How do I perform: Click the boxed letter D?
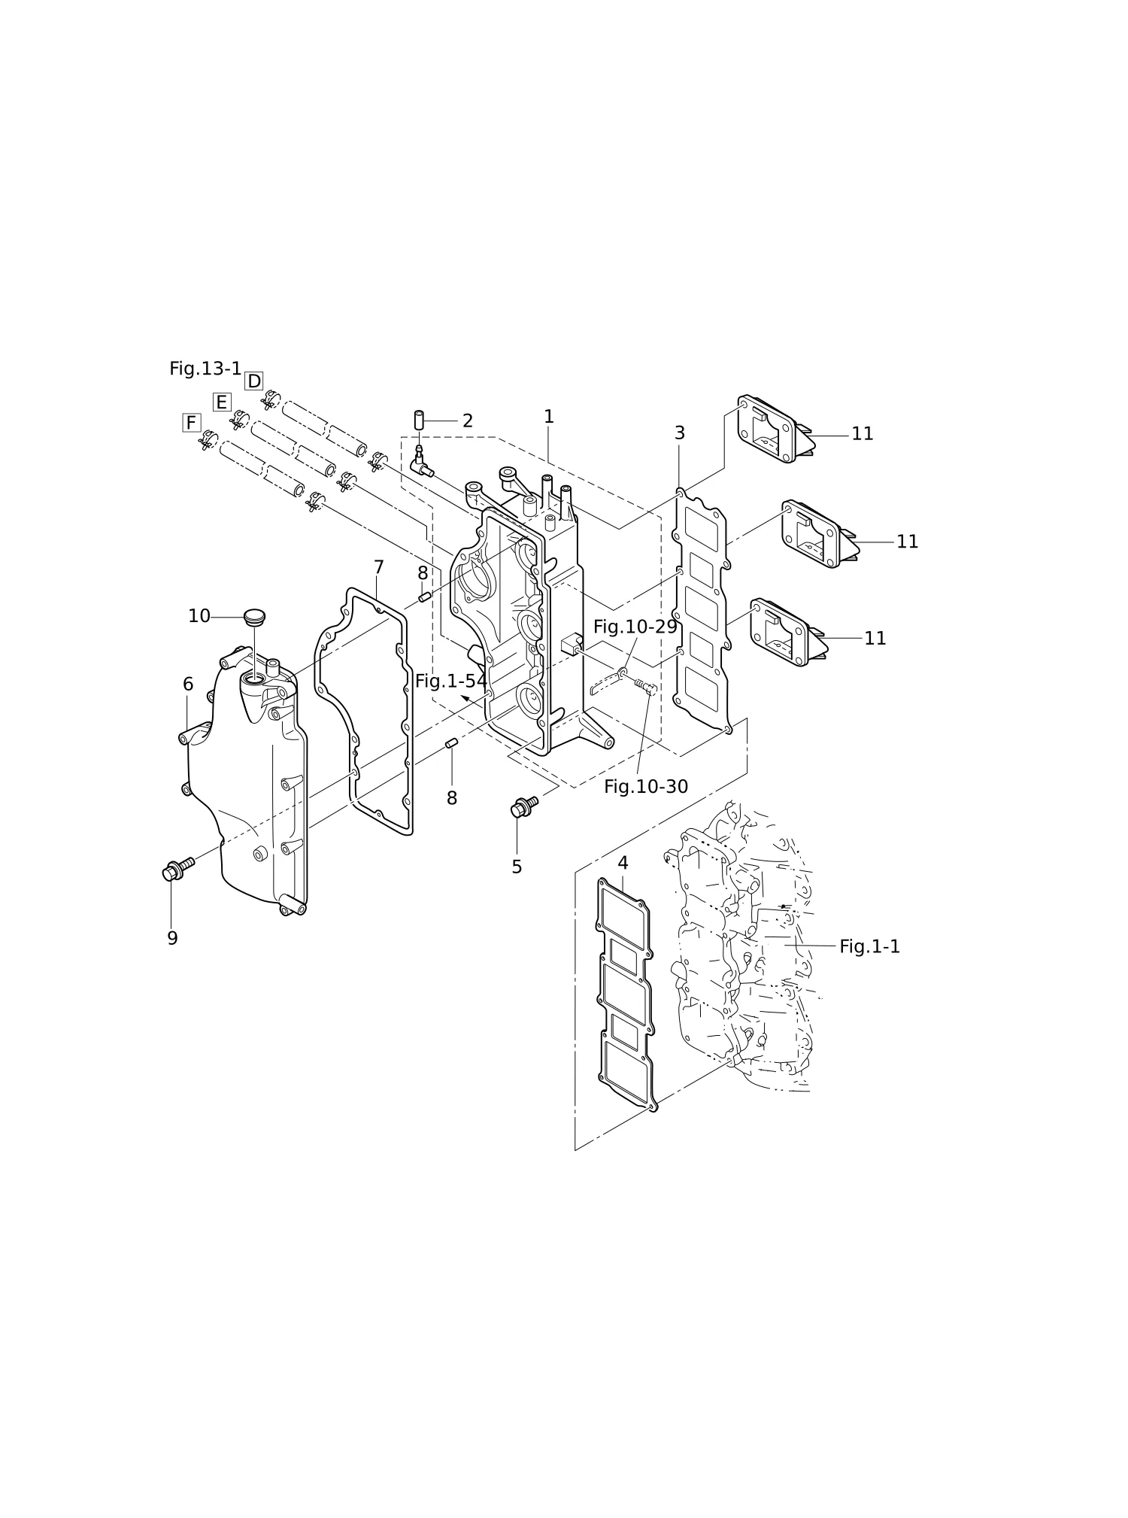click(254, 381)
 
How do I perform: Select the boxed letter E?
click(222, 402)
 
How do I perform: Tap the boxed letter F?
click(192, 423)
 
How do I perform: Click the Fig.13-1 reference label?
click(205, 369)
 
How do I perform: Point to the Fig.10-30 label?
click(646, 787)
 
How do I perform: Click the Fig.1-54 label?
click(451, 682)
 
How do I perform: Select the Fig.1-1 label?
click(869, 947)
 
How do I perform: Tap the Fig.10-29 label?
click(635, 627)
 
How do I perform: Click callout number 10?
click(199, 617)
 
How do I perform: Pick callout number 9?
click(172, 939)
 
